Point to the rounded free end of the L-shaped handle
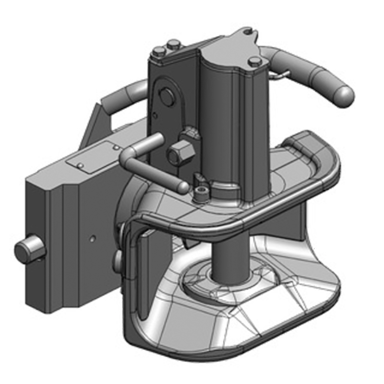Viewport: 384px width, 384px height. (181, 186)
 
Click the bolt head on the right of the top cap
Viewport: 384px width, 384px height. (255, 61)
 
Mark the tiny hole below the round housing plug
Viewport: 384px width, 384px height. (155, 115)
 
